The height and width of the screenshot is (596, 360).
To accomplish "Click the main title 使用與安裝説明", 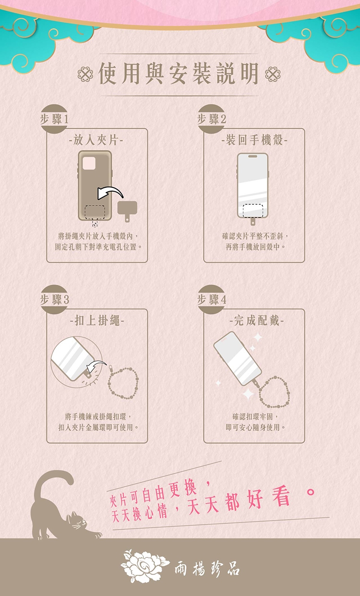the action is point(179,73).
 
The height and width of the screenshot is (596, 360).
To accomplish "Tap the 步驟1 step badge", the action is point(54,119).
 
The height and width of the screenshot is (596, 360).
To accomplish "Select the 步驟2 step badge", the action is point(211,119).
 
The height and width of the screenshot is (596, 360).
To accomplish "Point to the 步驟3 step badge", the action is point(54,299).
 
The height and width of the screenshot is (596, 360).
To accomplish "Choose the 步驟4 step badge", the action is point(211,299).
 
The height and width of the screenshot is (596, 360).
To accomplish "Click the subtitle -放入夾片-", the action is point(96,140).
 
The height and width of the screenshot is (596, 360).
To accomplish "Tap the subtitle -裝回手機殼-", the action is point(254,140).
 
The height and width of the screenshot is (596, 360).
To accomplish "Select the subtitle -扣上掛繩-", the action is point(97,320).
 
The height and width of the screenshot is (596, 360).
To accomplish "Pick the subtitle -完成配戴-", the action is point(257,320).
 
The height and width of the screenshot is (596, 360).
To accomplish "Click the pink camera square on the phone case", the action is point(89,163).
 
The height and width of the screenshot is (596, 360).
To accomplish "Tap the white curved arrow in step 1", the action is point(109,192).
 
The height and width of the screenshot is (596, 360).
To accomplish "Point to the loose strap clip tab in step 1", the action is point(127,211).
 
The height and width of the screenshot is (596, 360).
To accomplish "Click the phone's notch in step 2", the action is point(252,157).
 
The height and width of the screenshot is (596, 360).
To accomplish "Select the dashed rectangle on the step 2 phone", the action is point(253,210).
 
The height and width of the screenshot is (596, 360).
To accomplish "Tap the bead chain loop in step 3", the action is point(123,383).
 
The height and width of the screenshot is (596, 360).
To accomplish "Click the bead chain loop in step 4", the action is point(274,392).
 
